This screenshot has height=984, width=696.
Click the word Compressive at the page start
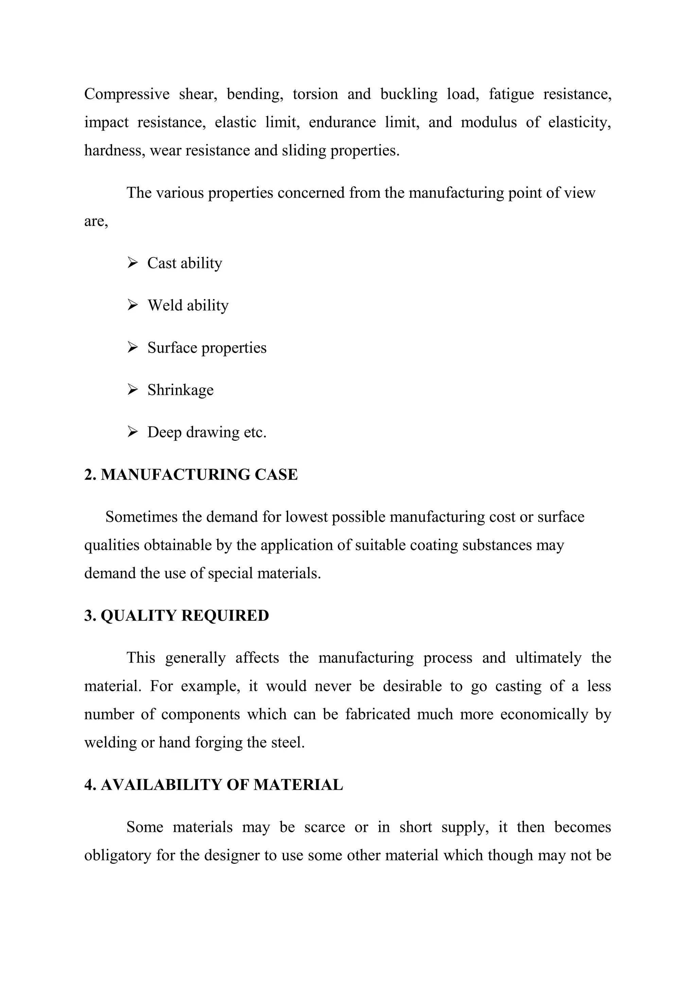(x=127, y=94)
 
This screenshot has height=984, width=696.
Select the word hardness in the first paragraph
(x=113, y=151)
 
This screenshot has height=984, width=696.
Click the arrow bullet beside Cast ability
(x=133, y=262)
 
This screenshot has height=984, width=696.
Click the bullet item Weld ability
(x=188, y=305)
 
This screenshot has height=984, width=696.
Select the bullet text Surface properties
(x=207, y=348)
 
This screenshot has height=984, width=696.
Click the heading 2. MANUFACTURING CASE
(x=191, y=474)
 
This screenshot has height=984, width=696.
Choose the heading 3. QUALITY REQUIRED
(x=176, y=615)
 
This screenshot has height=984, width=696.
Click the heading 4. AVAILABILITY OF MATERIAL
(x=213, y=785)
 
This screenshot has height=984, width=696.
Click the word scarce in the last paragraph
(x=325, y=827)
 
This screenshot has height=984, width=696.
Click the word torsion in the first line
(x=315, y=94)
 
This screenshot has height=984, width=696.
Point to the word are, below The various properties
(x=96, y=222)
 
